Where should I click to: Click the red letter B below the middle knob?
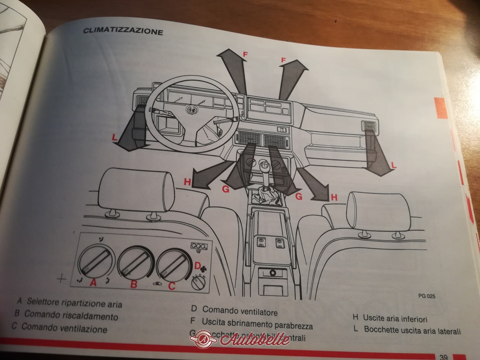(134, 284)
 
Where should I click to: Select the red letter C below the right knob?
(171, 286)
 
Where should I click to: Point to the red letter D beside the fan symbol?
(197, 266)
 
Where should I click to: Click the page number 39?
(443, 357)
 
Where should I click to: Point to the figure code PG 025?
(427, 295)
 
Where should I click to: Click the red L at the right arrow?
(393, 165)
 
